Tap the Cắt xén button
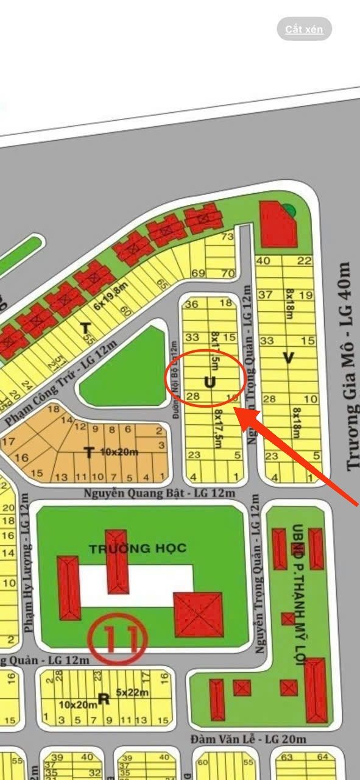point(304,29)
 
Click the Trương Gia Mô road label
point(346,366)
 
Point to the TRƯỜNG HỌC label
point(138,548)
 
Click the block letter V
point(288,359)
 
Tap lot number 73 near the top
point(228,236)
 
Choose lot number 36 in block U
point(192,303)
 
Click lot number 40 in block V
point(264,261)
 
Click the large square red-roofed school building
point(199,614)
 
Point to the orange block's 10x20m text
point(119,452)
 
